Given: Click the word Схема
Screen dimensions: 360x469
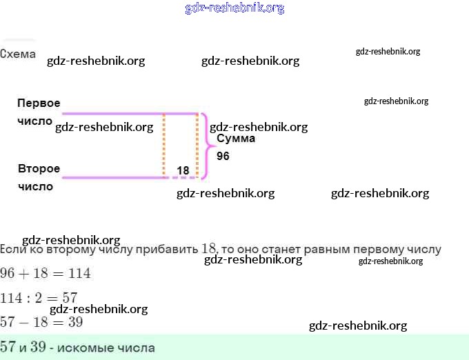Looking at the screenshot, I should [18, 54].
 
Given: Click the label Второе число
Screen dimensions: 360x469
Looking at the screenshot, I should [38, 177].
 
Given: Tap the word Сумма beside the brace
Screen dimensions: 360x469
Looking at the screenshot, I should [236, 139].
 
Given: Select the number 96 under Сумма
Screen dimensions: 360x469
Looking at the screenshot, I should [223, 157].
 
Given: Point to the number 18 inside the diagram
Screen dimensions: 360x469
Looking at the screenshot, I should [183, 170].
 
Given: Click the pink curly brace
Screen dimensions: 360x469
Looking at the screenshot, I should [207, 146].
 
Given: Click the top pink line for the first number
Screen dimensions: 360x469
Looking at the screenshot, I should [110, 114].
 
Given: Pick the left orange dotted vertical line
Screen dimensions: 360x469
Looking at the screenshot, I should [164, 145].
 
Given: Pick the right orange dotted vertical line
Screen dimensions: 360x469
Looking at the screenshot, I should [197, 145].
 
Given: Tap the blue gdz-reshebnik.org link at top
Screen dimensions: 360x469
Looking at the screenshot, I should [234, 8].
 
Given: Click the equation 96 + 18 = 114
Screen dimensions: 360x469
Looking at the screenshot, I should [46, 273].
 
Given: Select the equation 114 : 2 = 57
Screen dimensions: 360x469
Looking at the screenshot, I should [39, 298].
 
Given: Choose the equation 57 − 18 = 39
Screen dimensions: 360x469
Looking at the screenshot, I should [41, 322].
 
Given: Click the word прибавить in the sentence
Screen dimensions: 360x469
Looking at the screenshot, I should [165, 249].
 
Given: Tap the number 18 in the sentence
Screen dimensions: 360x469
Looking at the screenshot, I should [209, 248].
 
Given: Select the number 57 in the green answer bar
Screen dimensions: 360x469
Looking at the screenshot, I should [9, 347].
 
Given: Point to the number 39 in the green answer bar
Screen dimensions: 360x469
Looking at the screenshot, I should [39, 347].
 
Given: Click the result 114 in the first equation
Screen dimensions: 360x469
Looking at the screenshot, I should [79, 273].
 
